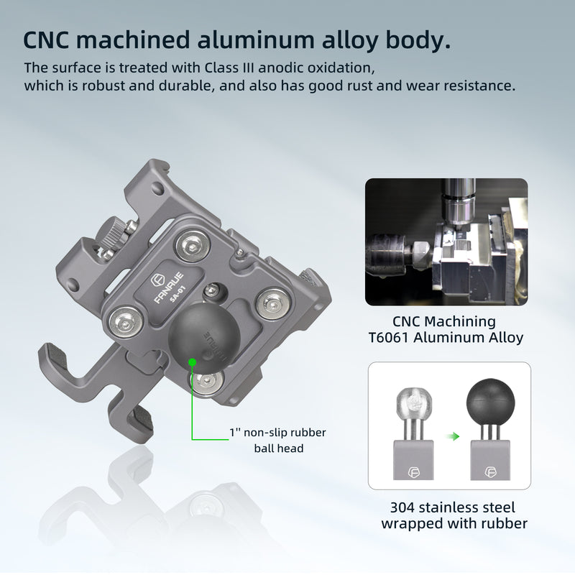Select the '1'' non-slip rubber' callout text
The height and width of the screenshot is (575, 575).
click(277, 433)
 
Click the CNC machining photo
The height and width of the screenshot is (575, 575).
click(446, 243)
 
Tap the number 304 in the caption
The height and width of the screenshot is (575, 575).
click(405, 507)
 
